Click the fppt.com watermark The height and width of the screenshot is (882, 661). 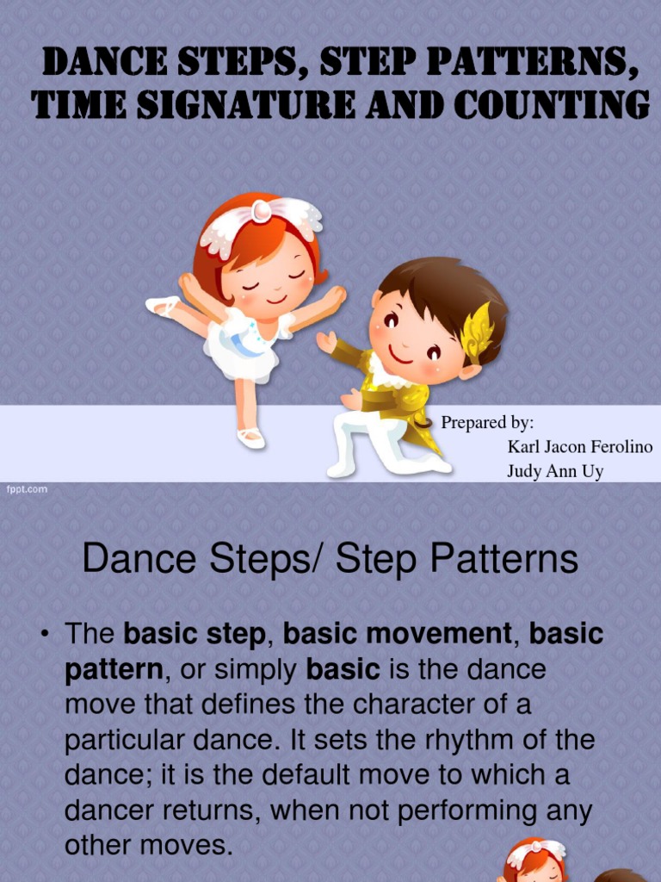coord(28,489)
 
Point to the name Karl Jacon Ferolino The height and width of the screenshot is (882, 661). coord(579,447)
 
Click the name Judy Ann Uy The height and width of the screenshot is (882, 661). coord(555,471)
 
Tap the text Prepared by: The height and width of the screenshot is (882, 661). coord(487,423)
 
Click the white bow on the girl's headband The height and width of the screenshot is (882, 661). coord(263,211)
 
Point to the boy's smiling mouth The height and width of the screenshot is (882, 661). coord(401,355)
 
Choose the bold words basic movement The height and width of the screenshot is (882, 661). coord(397,634)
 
